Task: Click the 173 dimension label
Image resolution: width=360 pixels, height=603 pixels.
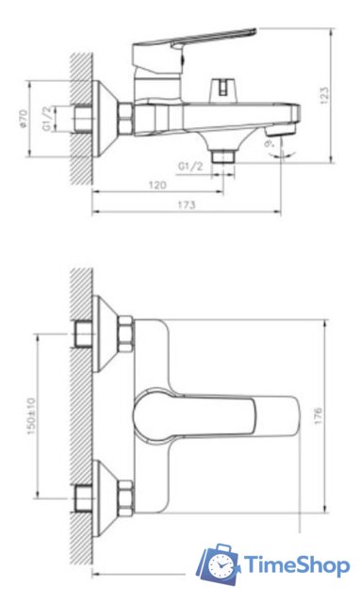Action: pos(187,204)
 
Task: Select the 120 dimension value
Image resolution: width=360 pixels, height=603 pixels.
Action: pos(158,185)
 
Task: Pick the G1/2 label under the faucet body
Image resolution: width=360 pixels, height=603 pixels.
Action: pos(190,167)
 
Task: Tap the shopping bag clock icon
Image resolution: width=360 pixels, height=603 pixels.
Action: pos(219,563)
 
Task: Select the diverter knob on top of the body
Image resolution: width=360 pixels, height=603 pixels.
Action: pos(221,88)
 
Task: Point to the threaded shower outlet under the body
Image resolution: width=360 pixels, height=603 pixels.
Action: pos(222,153)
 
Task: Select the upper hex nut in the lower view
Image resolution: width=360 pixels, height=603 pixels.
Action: pos(125,334)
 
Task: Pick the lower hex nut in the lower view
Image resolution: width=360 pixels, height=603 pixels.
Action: pos(125,492)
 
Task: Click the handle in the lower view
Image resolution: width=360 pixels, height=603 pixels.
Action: pos(217,414)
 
